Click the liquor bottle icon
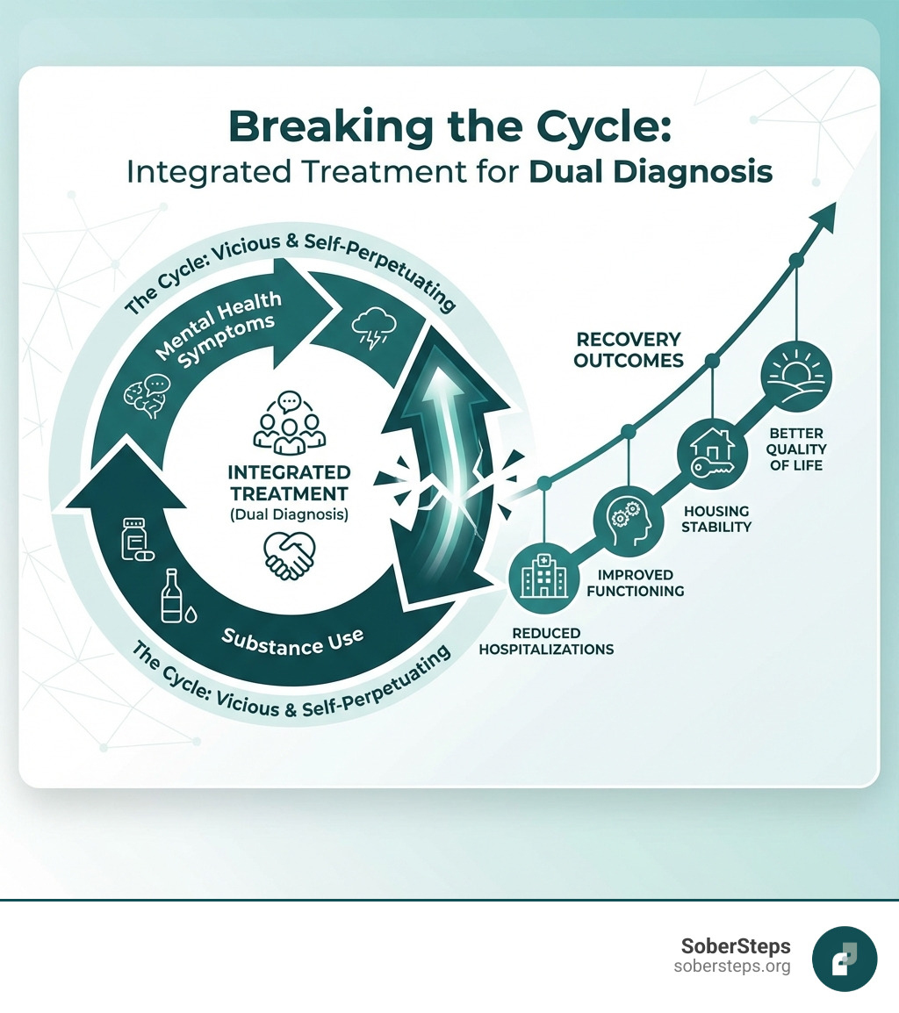pos(172,598)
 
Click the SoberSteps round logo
pos(845,959)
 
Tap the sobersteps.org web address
pos(732,966)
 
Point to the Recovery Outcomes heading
pos(628,349)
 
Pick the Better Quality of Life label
pos(797,449)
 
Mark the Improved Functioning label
pos(635,583)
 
